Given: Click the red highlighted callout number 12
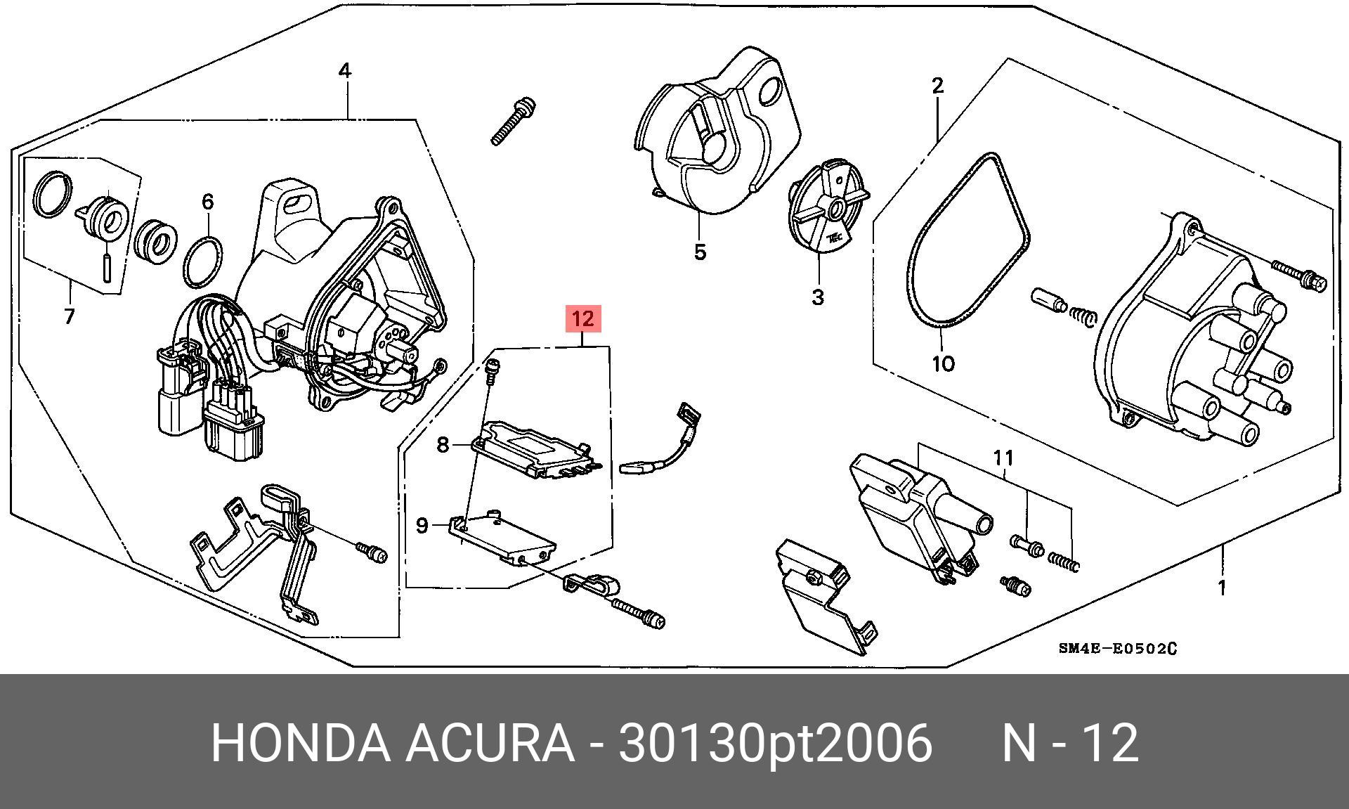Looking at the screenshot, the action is coord(582,319).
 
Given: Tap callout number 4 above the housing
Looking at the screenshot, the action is coord(344,71).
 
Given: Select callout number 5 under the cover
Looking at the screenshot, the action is coord(700,252).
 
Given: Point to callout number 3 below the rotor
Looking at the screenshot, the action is coord(817,297).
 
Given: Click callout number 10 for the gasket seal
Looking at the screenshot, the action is coord(943,363).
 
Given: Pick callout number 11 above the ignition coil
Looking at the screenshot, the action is coord(1003,458).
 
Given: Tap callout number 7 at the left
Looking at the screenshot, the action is coord(69,317).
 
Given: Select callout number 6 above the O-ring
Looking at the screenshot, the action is coord(207,202).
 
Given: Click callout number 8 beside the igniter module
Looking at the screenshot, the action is coord(443,445).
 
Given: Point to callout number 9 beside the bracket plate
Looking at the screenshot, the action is coord(422,525).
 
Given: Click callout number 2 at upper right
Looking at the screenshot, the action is coord(937,86).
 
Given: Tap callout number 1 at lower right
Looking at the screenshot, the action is coord(1222,588).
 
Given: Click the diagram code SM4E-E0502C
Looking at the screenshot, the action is coord(1117,648).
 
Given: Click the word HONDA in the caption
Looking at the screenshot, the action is coord(300,743).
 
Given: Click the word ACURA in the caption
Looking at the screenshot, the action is coord(489,743).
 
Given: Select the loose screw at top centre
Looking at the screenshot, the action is coord(513,122).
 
